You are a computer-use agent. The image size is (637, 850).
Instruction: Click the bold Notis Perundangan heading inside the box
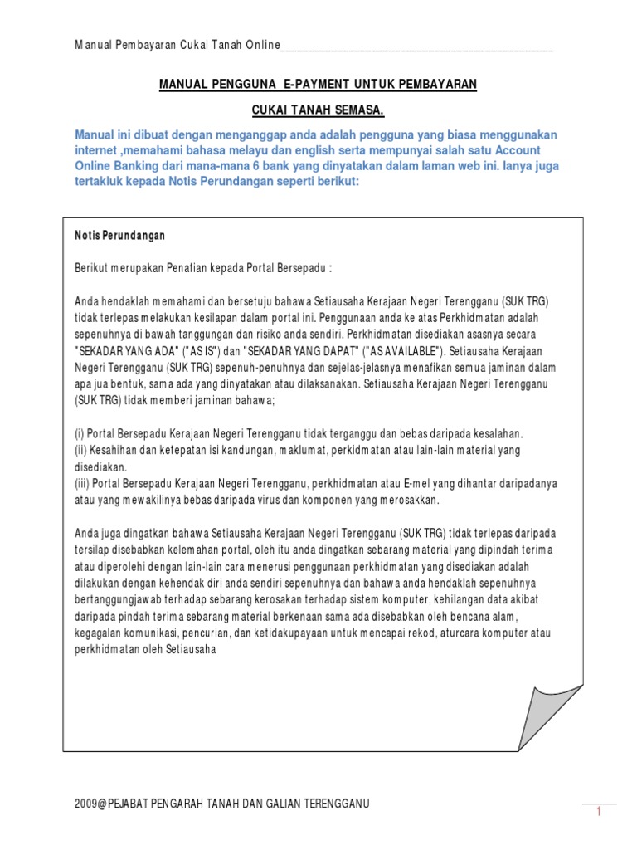click(x=119, y=236)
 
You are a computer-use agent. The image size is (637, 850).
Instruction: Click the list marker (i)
click(x=80, y=434)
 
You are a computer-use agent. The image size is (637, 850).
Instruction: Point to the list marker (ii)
click(x=82, y=449)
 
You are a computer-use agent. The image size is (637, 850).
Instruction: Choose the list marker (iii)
click(x=84, y=483)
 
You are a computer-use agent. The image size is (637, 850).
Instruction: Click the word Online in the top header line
click(x=262, y=44)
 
